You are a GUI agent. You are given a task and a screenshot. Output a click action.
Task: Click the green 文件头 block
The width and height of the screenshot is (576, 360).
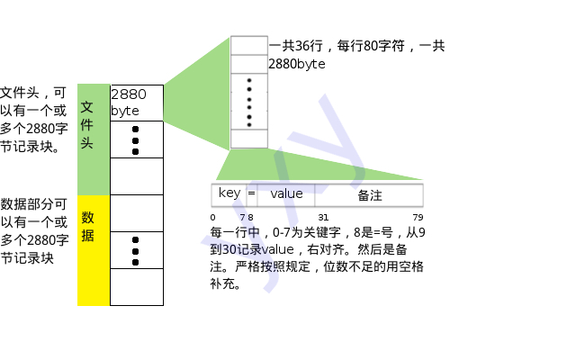[x=93, y=139]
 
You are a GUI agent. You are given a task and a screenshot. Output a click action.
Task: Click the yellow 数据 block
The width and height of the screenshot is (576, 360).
[x=93, y=250]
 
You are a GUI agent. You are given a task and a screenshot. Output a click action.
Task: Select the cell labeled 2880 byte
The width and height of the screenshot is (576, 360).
[x=136, y=103]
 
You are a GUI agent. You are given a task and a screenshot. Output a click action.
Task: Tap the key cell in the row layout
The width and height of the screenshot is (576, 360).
[x=229, y=193]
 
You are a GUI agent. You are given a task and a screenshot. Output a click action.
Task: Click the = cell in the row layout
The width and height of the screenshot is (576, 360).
[x=251, y=193]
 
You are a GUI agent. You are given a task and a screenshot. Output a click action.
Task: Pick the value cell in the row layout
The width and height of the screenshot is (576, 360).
[x=286, y=193]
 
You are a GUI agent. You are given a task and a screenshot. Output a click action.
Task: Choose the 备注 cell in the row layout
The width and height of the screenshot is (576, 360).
[x=369, y=194]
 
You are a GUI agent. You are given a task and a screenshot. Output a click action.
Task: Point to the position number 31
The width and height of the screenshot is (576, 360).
[x=322, y=217]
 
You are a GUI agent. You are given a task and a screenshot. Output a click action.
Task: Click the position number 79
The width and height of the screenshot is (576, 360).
[x=418, y=217]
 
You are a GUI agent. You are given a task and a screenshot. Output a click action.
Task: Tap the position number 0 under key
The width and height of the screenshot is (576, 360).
[x=213, y=217]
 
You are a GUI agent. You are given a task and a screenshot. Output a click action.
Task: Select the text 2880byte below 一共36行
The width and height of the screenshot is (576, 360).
[x=296, y=65]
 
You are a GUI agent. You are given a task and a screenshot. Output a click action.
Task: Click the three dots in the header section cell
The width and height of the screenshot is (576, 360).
[x=136, y=139]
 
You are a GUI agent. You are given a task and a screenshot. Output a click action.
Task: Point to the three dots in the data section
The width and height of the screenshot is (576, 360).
[x=136, y=250]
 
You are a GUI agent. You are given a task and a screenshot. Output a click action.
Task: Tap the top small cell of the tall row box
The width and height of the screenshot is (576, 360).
[x=249, y=45]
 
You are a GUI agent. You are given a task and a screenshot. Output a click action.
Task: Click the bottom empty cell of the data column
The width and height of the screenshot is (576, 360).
[x=136, y=287]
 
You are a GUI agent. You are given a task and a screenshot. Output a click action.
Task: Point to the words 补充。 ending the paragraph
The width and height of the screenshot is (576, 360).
[x=225, y=284]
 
